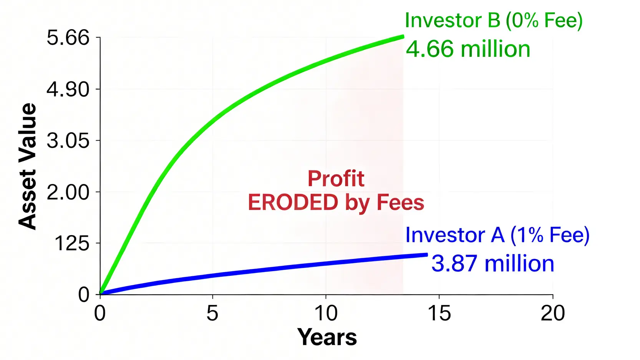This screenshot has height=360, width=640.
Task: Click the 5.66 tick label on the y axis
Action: coord(68,38)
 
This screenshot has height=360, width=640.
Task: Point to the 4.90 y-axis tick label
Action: coord(68,90)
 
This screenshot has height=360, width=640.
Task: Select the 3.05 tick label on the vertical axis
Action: coord(68,141)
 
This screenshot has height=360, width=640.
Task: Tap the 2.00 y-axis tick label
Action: coord(68,192)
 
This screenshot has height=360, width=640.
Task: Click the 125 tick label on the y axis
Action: coord(71,244)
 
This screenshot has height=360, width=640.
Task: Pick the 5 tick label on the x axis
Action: coord(212,313)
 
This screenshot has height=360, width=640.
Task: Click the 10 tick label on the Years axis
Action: coord(326,313)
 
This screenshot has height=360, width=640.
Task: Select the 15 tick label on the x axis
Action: coord(439,313)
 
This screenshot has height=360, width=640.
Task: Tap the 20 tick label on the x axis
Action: coord(552,313)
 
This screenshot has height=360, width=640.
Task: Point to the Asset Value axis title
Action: coord(27,166)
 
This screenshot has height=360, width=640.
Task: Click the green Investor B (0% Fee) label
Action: coord(494,20)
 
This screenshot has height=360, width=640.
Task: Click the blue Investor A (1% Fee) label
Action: coord(497,235)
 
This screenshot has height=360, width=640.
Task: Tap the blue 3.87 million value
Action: coord(492,264)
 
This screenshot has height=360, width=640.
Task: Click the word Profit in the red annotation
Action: coord(336,179)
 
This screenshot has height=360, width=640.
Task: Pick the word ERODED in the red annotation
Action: coord(293,202)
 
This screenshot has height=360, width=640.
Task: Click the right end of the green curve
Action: coord(403,36)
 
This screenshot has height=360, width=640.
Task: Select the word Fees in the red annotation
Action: coord(400,202)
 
